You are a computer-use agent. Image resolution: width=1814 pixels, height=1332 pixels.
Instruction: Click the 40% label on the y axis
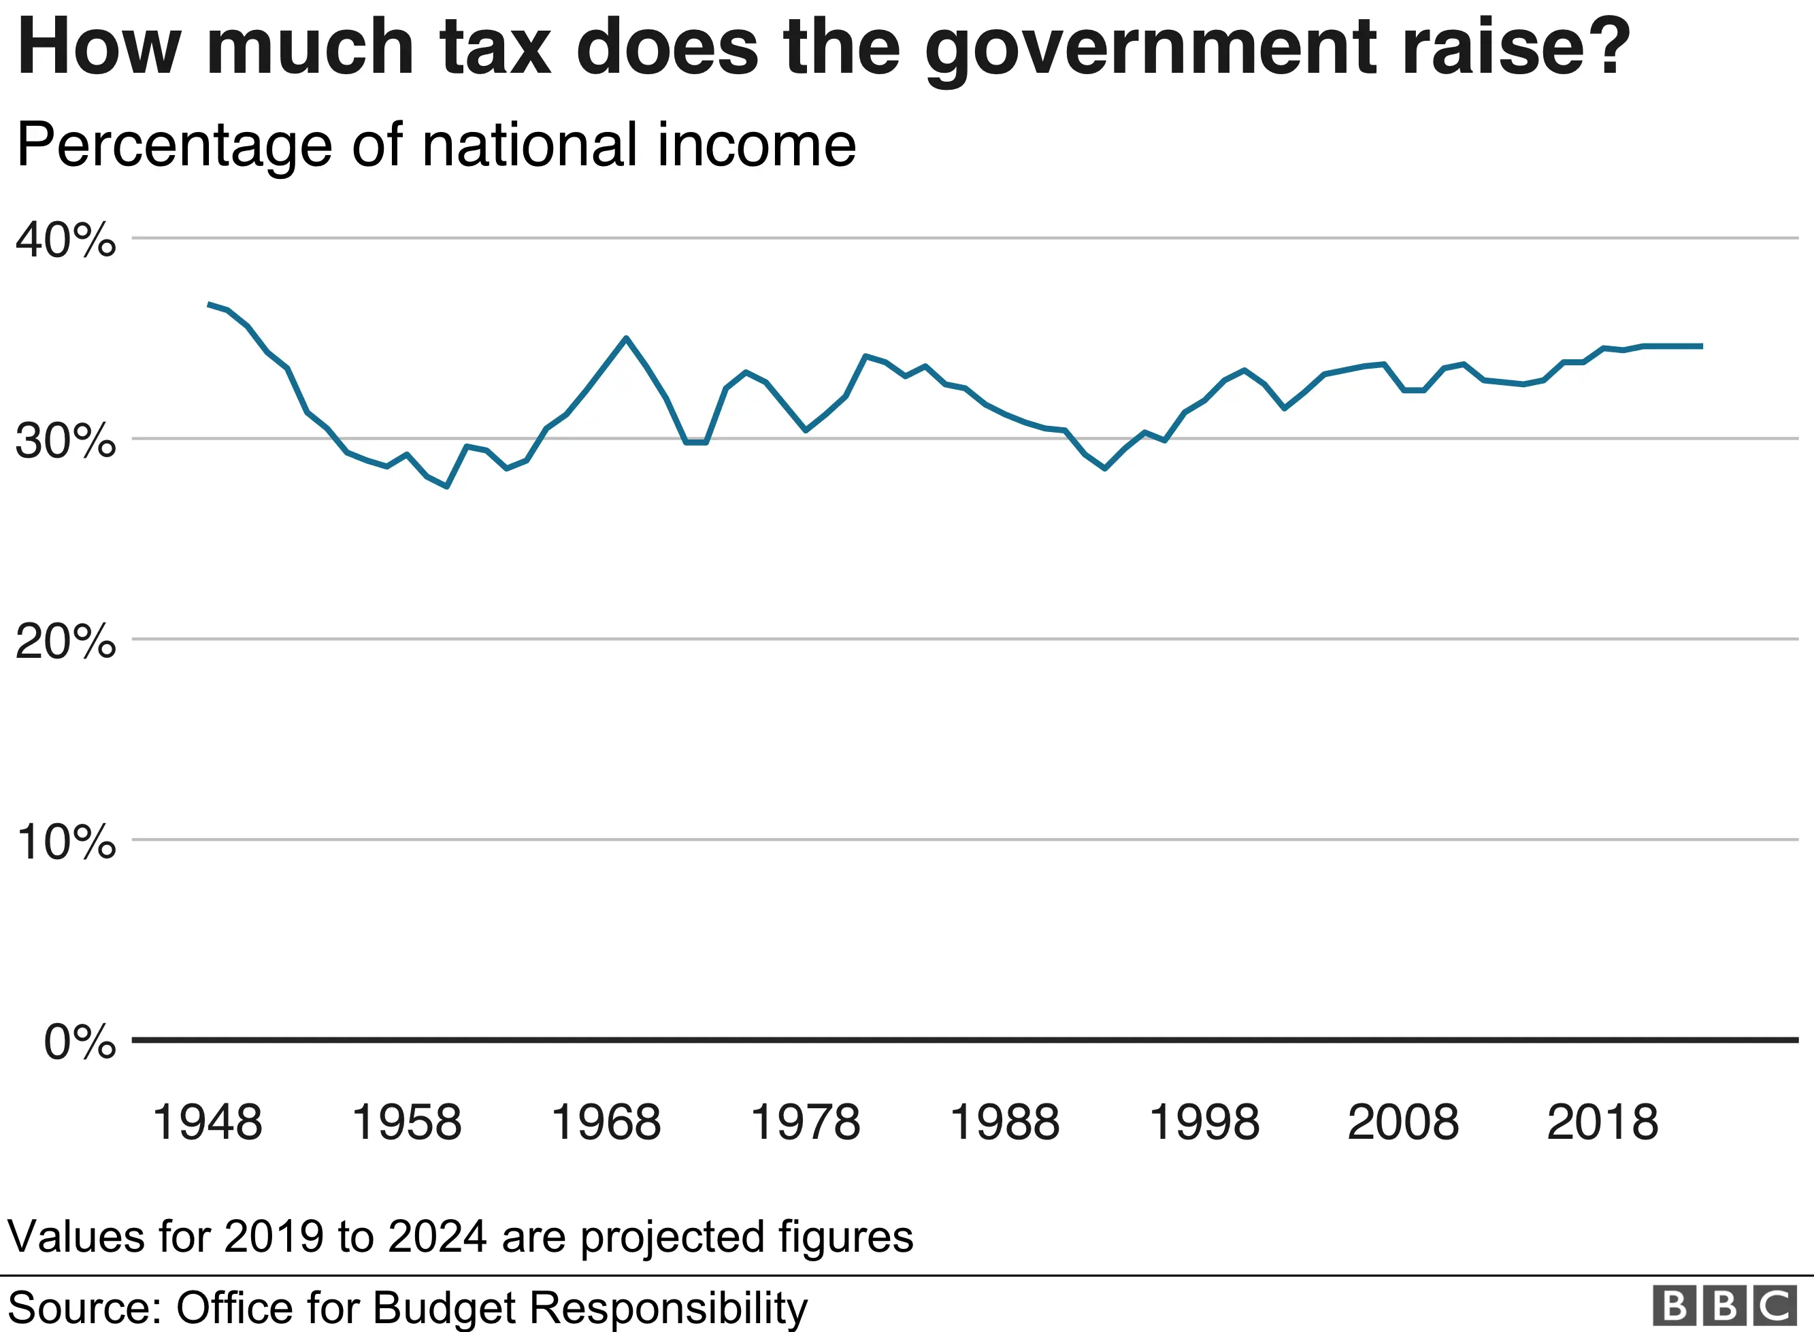click(x=65, y=239)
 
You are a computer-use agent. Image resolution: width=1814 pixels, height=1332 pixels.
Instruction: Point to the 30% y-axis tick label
click(x=65, y=441)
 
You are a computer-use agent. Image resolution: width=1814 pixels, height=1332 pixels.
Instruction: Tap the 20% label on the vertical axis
click(x=65, y=642)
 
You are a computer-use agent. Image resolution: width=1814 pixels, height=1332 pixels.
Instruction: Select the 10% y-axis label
click(x=65, y=843)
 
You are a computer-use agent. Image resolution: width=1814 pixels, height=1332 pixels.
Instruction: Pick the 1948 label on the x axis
click(x=208, y=1122)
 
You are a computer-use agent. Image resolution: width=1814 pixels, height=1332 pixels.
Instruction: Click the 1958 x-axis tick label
click(x=406, y=1122)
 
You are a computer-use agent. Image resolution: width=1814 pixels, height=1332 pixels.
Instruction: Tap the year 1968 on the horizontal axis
click(x=606, y=1122)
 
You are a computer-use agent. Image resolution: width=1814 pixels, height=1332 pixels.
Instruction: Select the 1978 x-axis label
click(x=805, y=1122)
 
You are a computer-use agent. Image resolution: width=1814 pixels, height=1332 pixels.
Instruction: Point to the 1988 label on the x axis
click(x=1004, y=1122)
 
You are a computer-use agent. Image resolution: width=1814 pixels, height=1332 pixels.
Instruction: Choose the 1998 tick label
click(x=1204, y=1122)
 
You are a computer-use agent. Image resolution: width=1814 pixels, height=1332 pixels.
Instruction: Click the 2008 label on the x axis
click(x=1403, y=1122)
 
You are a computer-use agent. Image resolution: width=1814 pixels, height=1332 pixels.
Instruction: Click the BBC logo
click(x=1724, y=1305)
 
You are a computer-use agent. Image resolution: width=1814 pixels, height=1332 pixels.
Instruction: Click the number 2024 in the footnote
click(x=437, y=1236)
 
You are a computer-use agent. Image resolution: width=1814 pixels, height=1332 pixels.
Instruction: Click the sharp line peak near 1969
click(x=627, y=339)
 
